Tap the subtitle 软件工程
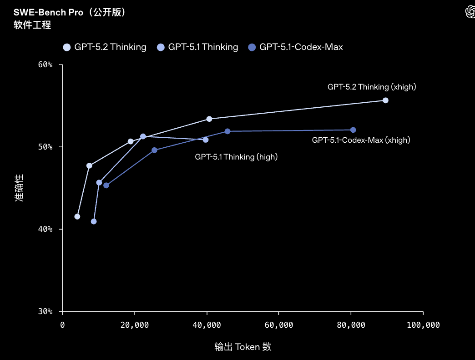(x=32, y=25)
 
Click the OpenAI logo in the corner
(x=470, y=12)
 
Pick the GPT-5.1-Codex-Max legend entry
(x=296, y=47)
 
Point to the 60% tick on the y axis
(x=45, y=65)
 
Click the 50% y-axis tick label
(x=45, y=147)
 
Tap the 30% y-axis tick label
(x=45, y=311)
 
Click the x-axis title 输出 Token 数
(x=243, y=347)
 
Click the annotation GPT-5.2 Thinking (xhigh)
(x=372, y=87)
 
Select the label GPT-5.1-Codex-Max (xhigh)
(x=361, y=140)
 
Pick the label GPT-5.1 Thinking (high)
(x=236, y=157)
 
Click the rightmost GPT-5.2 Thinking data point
(x=385, y=100)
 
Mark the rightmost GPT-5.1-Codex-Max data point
(x=353, y=130)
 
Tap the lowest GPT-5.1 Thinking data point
(x=94, y=221)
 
